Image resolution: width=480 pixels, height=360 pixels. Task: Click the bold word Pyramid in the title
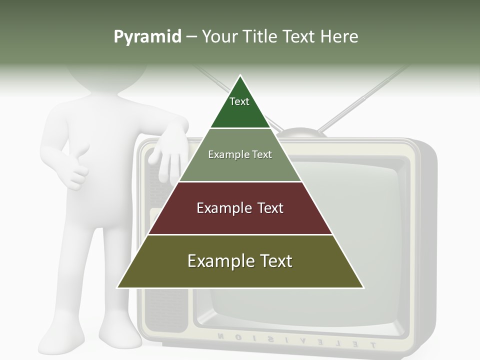pos(147,37)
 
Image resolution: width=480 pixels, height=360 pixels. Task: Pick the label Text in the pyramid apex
pos(239,101)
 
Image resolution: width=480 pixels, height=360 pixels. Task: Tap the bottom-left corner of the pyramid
pos(118,287)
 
